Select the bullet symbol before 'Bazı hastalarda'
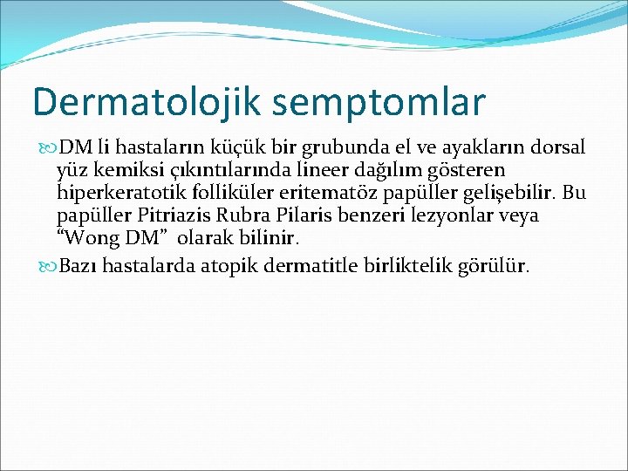click(48, 264)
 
